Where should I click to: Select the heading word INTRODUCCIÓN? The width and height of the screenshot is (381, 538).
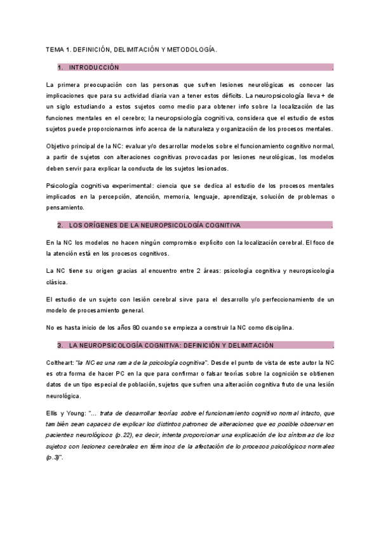pyautogui.click(x=93, y=67)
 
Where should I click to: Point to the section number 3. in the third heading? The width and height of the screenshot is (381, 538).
pyautogui.click(x=60, y=345)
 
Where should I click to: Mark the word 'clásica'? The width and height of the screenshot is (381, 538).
pyautogui.click(x=58, y=282)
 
